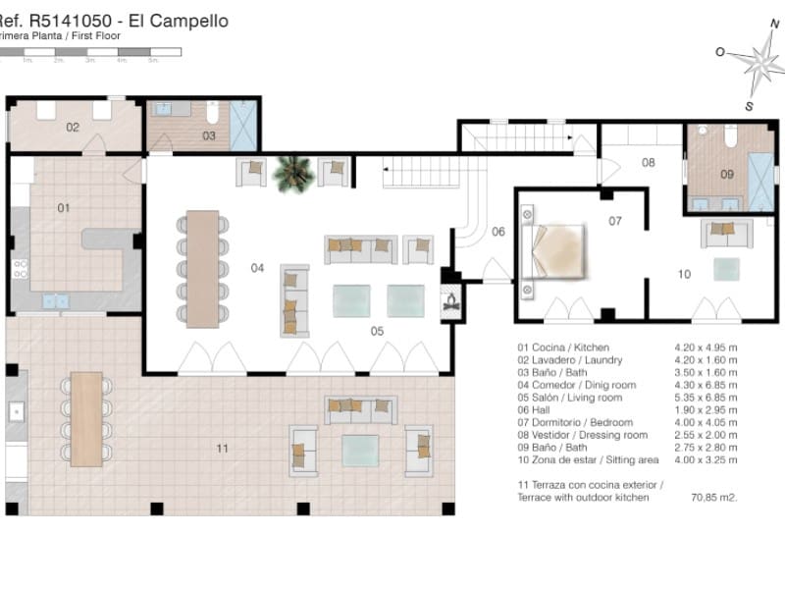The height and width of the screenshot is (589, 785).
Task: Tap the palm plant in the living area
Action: click(292, 173)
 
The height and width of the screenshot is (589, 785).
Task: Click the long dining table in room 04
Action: click(203, 268)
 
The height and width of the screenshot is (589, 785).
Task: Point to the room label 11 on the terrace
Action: click(222, 448)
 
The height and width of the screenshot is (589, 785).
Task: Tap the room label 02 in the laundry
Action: click(73, 128)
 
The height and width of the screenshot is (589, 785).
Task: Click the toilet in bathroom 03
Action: click(212, 113)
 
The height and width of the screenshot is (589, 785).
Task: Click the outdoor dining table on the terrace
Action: click(86, 417)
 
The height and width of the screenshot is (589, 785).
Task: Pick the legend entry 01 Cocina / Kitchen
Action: click(563, 348)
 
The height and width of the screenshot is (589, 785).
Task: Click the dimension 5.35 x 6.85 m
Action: click(706, 398)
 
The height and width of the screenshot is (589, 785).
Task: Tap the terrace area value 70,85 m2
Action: click(714, 498)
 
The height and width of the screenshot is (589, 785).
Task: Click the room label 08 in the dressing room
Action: click(649, 163)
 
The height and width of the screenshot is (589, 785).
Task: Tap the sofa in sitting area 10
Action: click(726, 234)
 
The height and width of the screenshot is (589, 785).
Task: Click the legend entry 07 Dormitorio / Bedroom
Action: click(582, 423)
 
